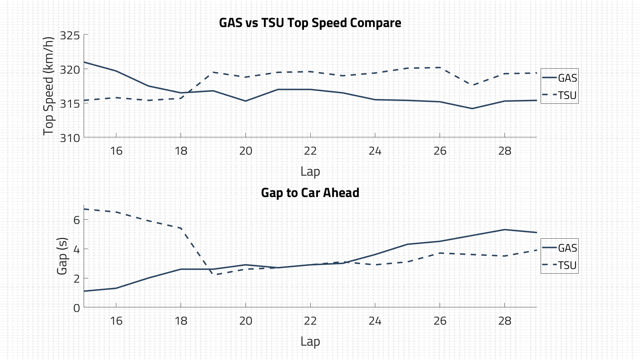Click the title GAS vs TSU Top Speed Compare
310,23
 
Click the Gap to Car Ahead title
310,193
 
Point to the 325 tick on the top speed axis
70,35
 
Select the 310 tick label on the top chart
70,138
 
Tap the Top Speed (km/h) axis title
49,86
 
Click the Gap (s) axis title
62,256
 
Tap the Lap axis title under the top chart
310,171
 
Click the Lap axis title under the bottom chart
310,341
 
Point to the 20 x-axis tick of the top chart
246,151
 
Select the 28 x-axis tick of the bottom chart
505,321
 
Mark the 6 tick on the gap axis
77,220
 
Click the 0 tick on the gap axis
77,308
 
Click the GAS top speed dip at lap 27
472,108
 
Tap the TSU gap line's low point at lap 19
213,275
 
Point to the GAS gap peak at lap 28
504,230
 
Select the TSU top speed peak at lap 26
440,68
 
